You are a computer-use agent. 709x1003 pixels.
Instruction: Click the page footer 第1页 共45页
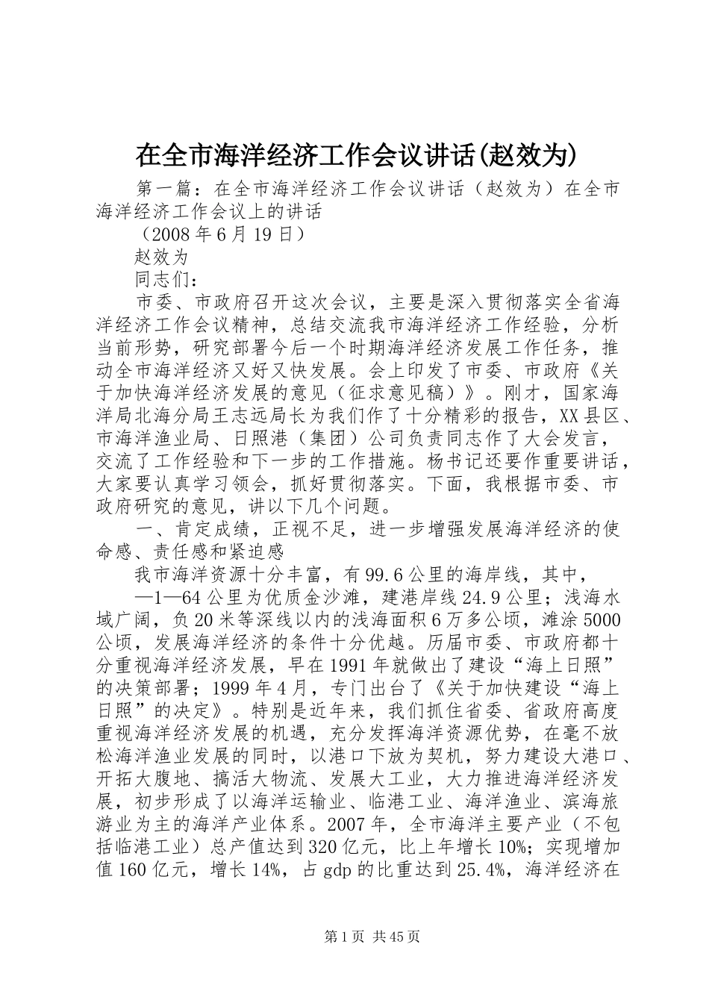coord(354,936)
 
